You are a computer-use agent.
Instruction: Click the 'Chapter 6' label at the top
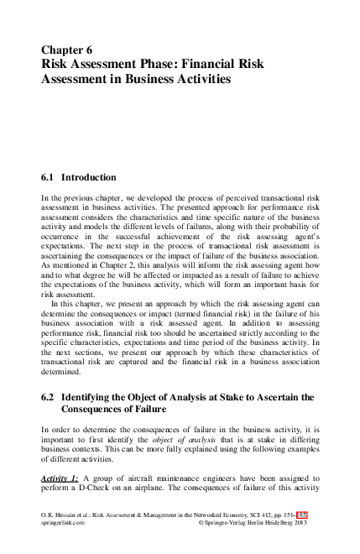coord(65,50)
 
